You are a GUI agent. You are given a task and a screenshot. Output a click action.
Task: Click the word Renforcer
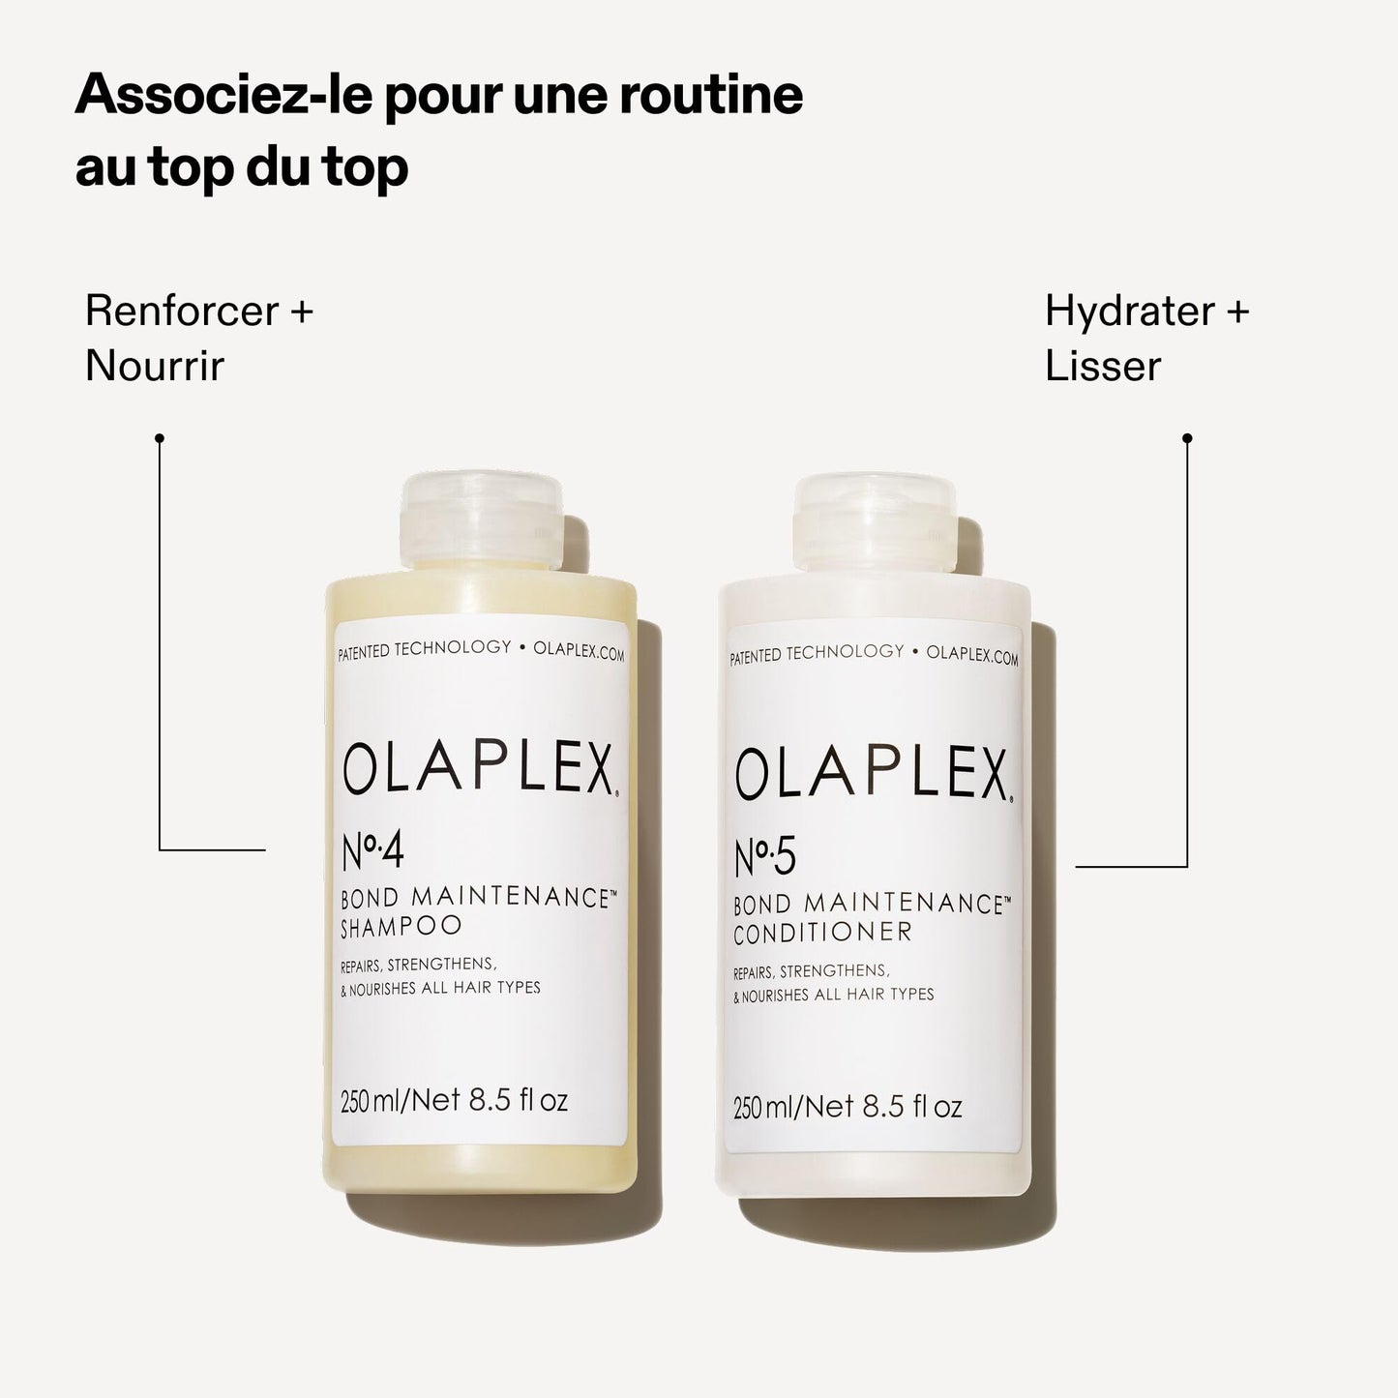click(x=181, y=312)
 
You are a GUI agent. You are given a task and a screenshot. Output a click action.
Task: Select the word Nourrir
click(x=154, y=366)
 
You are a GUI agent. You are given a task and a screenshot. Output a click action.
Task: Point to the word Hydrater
click(x=1129, y=312)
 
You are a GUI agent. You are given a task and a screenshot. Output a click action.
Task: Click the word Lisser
click(x=1102, y=366)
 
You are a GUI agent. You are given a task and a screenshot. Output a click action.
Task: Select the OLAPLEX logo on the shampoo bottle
click(x=479, y=769)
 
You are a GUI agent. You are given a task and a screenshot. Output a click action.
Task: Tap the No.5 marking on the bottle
click(x=764, y=857)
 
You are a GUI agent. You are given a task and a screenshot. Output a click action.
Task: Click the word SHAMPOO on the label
click(x=401, y=927)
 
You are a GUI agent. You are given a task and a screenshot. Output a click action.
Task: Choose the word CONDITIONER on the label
click(x=822, y=934)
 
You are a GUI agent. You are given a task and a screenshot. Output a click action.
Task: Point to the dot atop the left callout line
click(x=160, y=438)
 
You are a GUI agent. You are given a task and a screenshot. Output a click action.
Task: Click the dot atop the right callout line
click(x=1187, y=438)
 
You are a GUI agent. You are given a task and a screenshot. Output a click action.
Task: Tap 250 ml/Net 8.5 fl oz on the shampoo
click(x=454, y=1101)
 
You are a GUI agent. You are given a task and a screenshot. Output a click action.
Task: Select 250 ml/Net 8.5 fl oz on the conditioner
click(x=848, y=1107)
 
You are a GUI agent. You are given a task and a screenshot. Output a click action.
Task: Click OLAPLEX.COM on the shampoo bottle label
click(x=579, y=652)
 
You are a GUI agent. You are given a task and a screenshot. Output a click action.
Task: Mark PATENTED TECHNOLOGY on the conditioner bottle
click(x=817, y=654)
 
